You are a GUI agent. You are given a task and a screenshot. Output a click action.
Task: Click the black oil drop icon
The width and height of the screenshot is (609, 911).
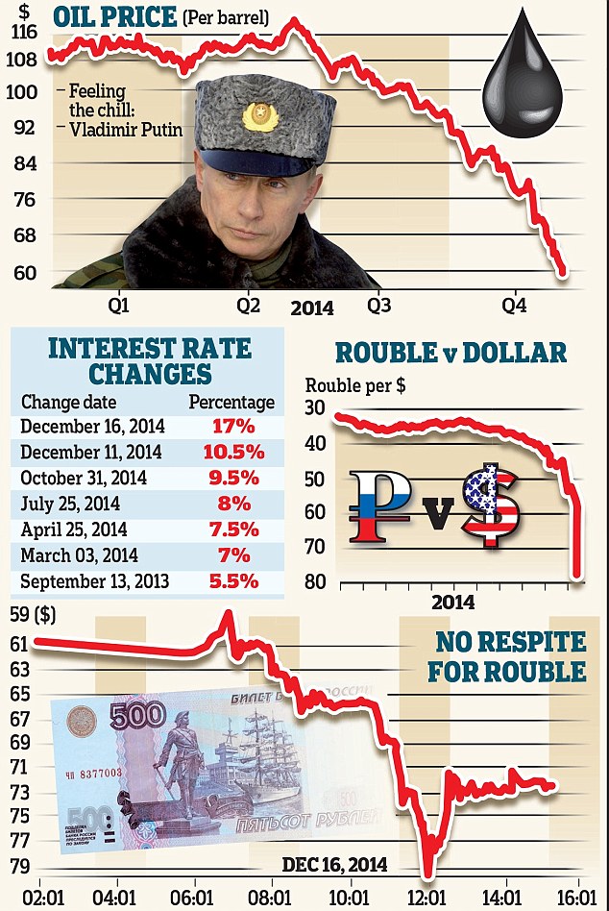click(x=527, y=85)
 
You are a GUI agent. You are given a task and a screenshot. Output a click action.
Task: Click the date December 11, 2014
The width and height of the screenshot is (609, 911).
click(x=91, y=452)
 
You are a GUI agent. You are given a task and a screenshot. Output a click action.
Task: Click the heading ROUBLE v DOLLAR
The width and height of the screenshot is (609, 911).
click(x=451, y=353)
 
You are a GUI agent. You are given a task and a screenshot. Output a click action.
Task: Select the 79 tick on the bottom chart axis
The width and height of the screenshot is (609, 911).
click(x=19, y=867)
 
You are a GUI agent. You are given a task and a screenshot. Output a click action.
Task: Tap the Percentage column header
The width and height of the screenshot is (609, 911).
click(x=231, y=402)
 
